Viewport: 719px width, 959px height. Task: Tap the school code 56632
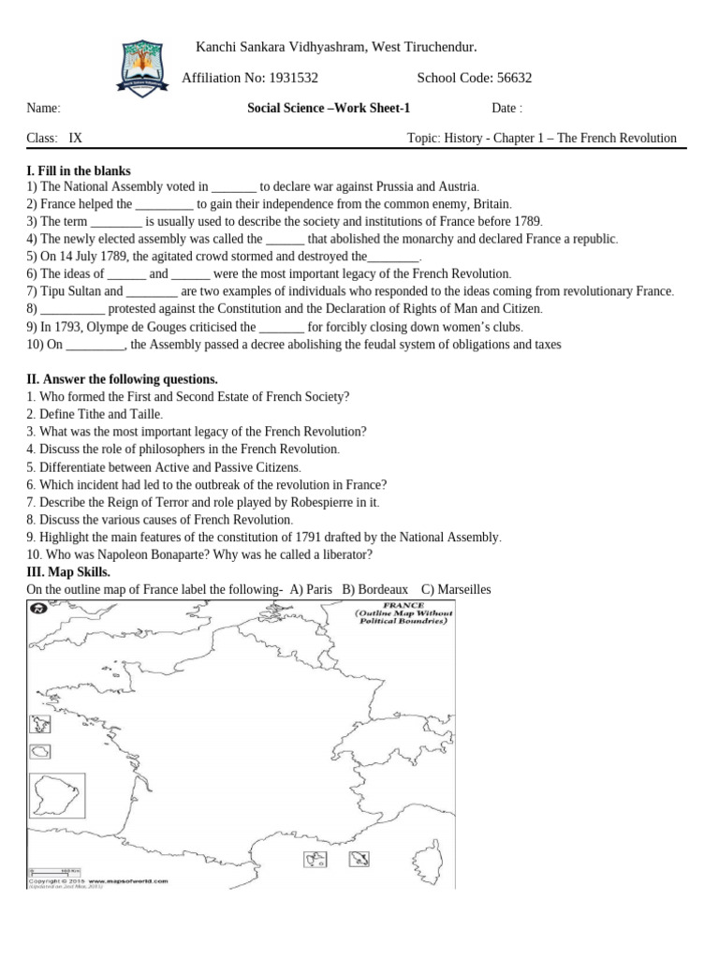(x=513, y=78)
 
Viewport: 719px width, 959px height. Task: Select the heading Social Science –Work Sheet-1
(x=329, y=108)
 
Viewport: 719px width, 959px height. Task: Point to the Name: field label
(x=44, y=108)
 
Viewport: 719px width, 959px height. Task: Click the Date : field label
(x=506, y=108)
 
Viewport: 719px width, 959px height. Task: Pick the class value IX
(x=76, y=138)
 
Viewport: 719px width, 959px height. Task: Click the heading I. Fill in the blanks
(x=79, y=170)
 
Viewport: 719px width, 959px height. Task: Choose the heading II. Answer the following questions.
(x=122, y=379)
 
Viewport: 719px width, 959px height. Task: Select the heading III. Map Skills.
(x=68, y=571)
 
